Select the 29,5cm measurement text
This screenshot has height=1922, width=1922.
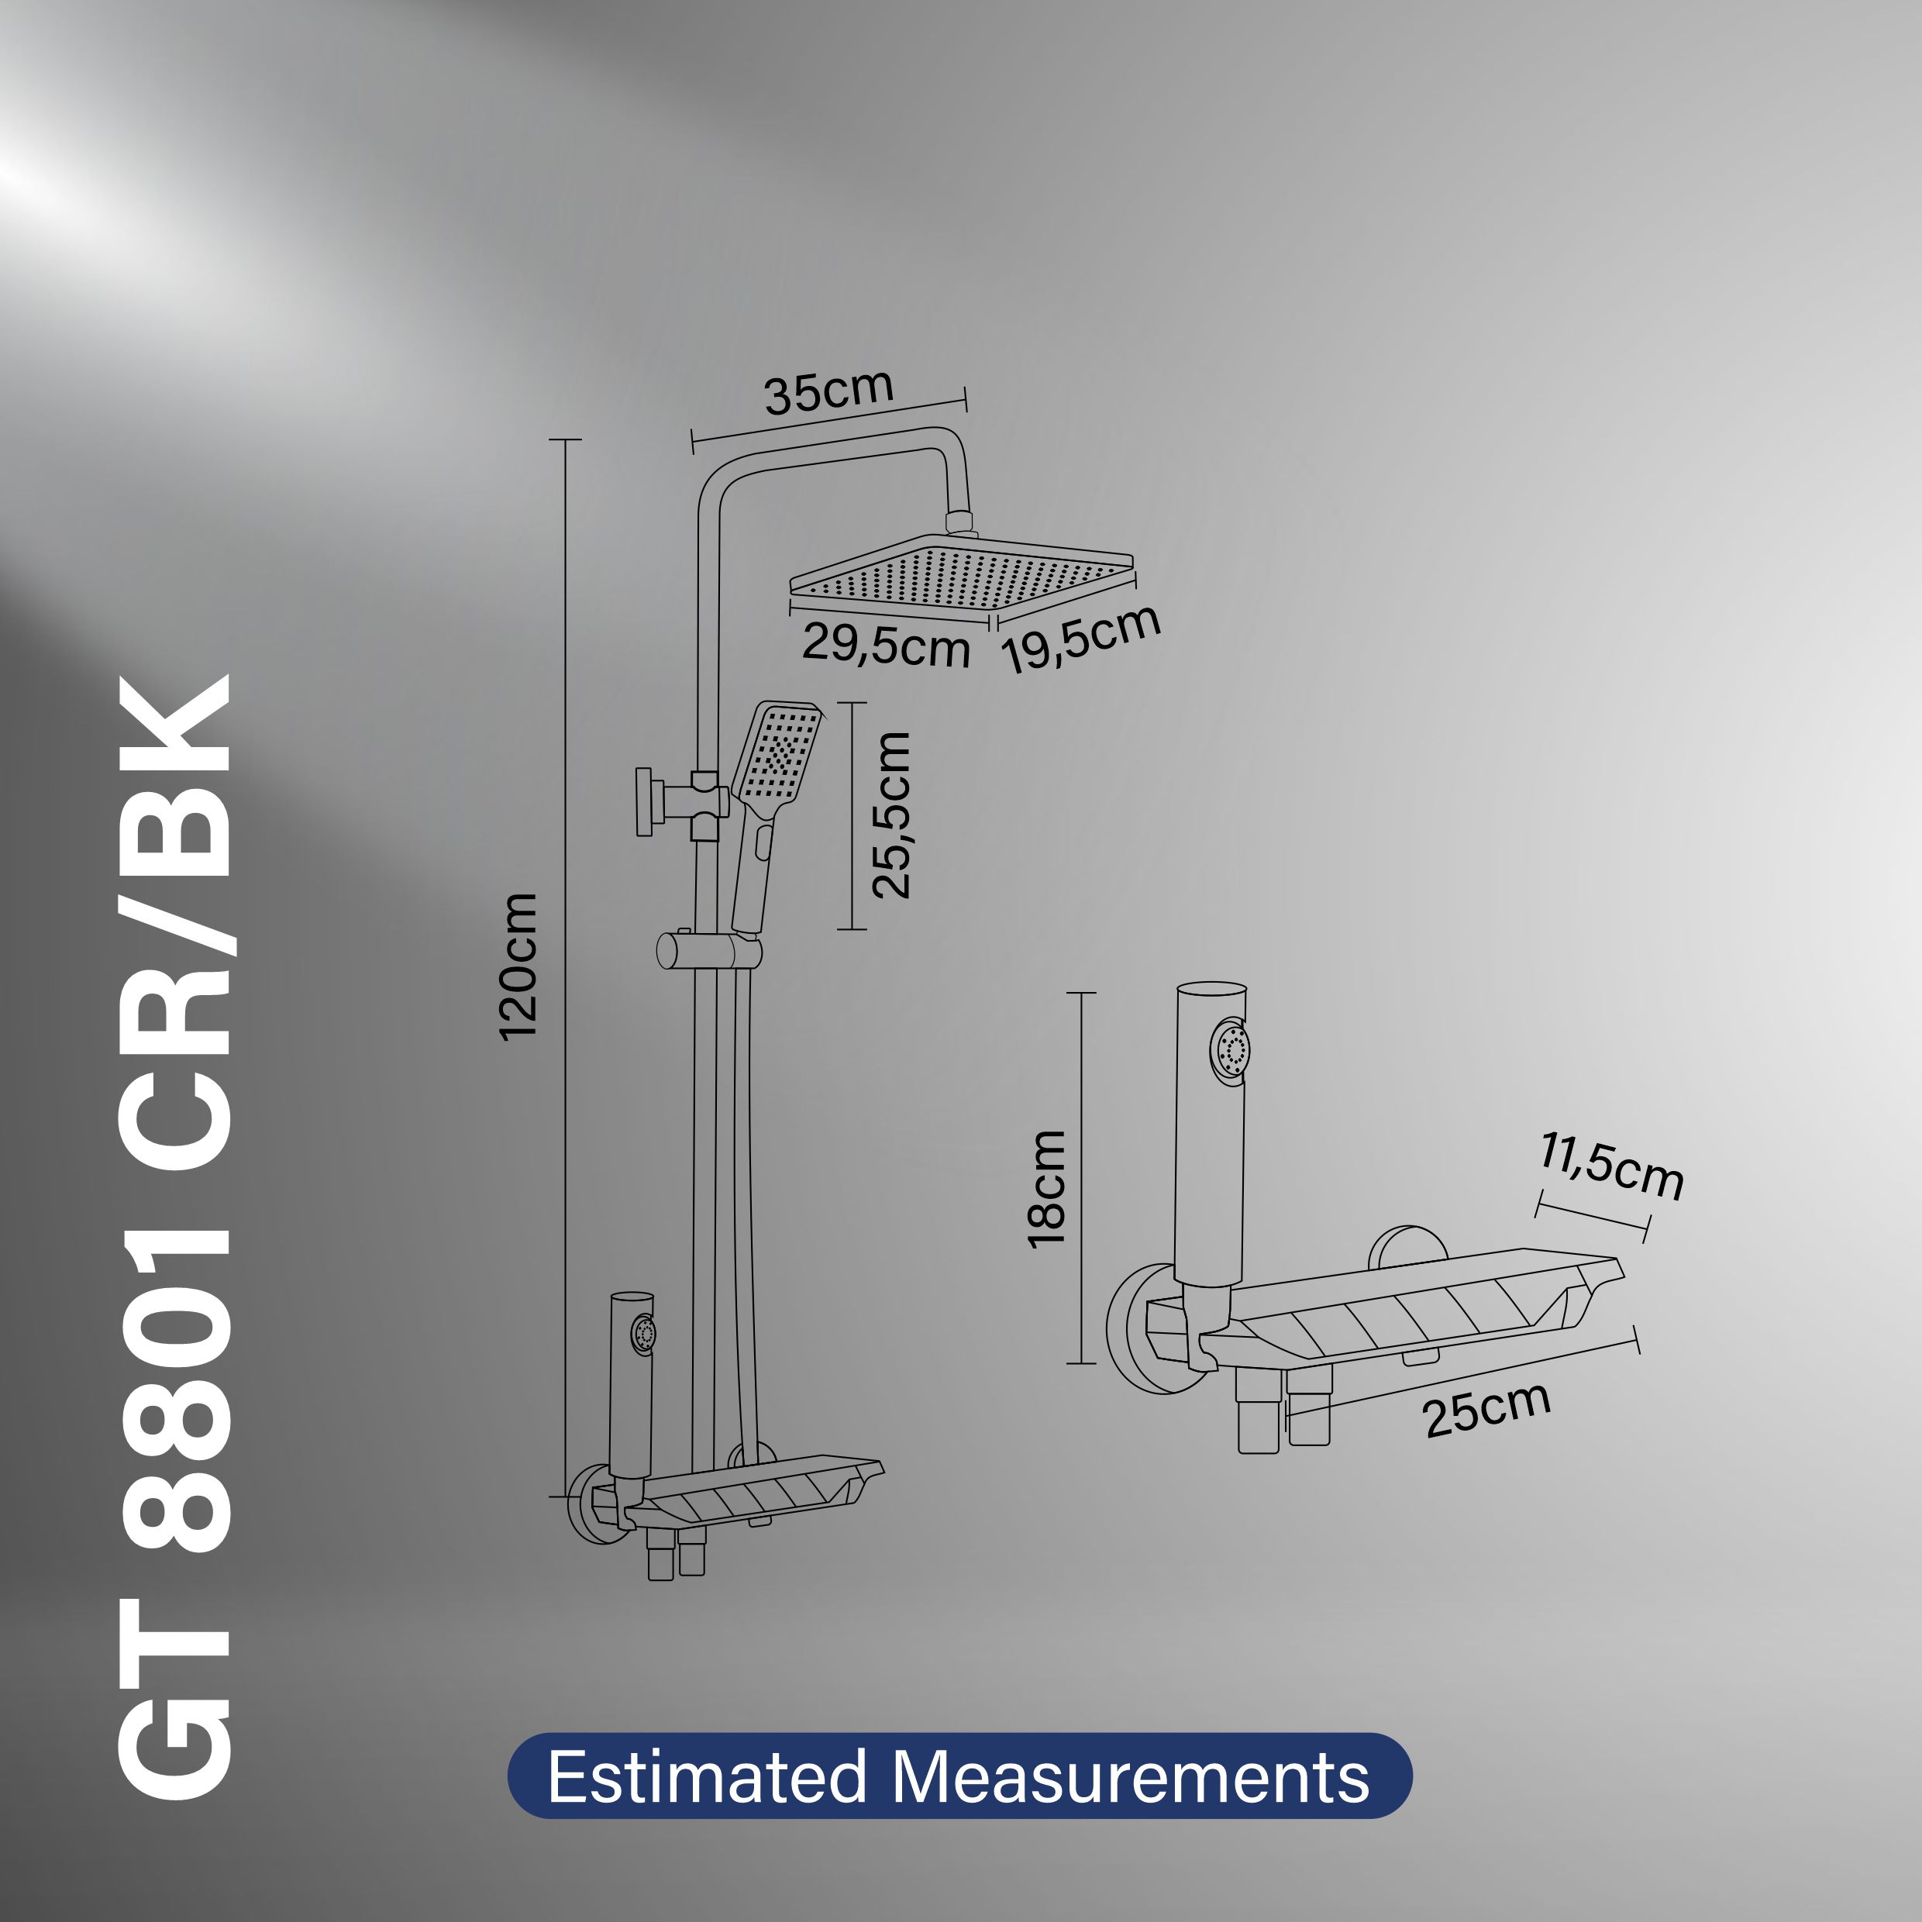885,645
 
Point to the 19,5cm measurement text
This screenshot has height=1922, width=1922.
1081,638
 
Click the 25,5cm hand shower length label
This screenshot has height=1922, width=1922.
890,815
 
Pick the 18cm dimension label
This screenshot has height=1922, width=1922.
1046,1188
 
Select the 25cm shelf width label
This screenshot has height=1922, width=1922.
1487,1410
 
